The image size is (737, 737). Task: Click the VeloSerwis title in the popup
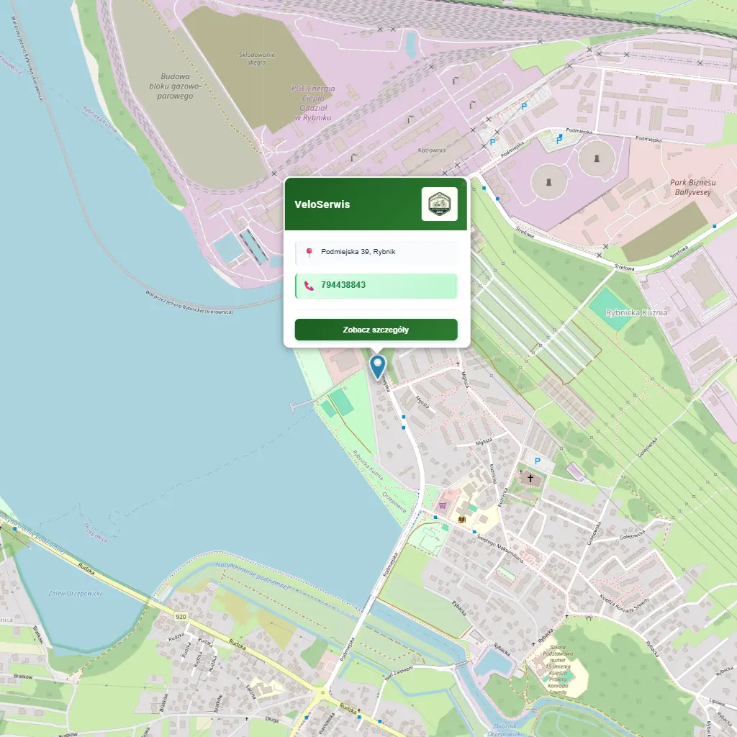pyautogui.click(x=322, y=204)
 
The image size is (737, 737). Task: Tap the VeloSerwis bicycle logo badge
pyautogui.click(x=439, y=204)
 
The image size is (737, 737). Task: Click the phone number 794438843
pyautogui.click(x=343, y=285)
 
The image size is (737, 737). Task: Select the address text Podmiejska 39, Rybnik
pyautogui.click(x=358, y=252)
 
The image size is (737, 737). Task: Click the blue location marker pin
pyautogui.click(x=377, y=366)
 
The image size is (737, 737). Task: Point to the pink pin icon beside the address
pyautogui.click(x=309, y=252)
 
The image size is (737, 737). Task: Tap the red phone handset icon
pyautogui.click(x=309, y=286)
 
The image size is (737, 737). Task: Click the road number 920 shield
pyautogui.click(x=180, y=617)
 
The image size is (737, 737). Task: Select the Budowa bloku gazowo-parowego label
pyautogui.click(x=175, y=86)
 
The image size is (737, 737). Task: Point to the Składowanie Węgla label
pyautogui.click(x=257, y=58)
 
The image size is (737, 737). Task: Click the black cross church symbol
pyautogui.click(x=531, y=477)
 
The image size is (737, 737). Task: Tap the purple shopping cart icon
pyautogui.click(x=442, y=505)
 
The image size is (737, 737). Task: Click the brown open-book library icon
pyautogui.click(x=461, y=519)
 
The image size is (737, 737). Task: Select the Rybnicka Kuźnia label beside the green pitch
pyautogui.click(x=636, y=312)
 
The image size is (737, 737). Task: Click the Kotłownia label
pyautogui.click(x=432, y=150)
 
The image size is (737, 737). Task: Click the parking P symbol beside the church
pyautogui.click(x=535, y=461)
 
